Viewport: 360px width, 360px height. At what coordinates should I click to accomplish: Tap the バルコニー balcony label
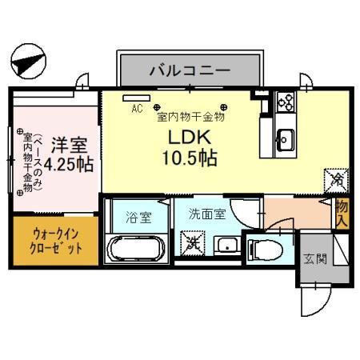190,71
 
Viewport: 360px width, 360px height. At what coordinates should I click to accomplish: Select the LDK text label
188,136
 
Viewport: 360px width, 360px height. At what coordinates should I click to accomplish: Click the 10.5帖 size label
189,158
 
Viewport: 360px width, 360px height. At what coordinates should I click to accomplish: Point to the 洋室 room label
68,146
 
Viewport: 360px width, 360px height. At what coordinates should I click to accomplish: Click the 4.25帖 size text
68,166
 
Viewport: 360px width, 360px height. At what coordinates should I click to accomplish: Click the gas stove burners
286,102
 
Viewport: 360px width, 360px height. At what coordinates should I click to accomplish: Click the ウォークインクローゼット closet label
56,240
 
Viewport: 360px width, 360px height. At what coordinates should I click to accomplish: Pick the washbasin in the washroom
228,244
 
